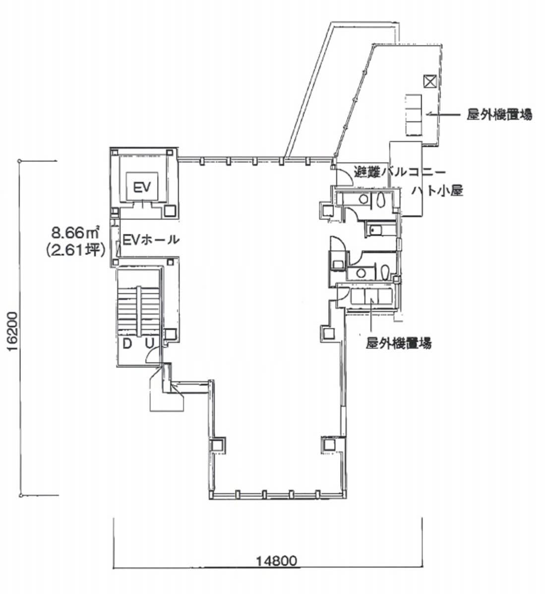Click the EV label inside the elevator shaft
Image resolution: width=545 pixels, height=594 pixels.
[142, 187]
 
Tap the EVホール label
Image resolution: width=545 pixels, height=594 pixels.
[151, 240]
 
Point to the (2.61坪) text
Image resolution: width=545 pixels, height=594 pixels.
[75, 250]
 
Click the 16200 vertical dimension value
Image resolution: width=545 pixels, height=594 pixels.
[13, 332]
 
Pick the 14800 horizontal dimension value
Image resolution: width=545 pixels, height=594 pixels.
[277, 560]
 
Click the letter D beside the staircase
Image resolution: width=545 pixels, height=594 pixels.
[127, 344]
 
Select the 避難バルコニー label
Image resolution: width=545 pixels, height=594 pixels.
[399, 172]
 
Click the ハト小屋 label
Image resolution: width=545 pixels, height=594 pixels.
[437, 190]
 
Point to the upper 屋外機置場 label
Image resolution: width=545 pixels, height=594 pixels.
[499, 114]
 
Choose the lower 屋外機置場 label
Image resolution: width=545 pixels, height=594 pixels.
[398, 343]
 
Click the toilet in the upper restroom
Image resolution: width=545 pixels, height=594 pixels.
[380, 199]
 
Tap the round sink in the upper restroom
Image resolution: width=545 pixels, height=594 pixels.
[364, 199]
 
